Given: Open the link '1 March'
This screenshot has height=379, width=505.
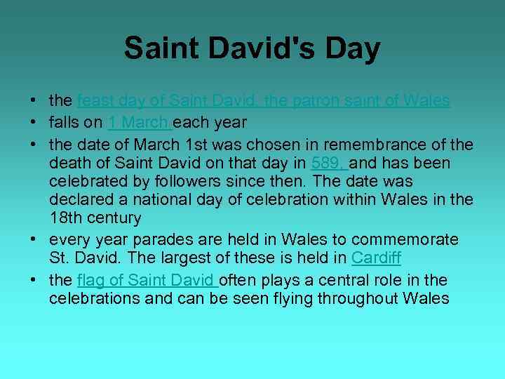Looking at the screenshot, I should pyautogui.click(x=139, y=123).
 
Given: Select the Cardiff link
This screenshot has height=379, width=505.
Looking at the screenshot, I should pyautogui.click(x=376, y=258).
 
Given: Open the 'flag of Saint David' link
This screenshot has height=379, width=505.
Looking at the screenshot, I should pyautogui.click(x=147, y=281).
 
